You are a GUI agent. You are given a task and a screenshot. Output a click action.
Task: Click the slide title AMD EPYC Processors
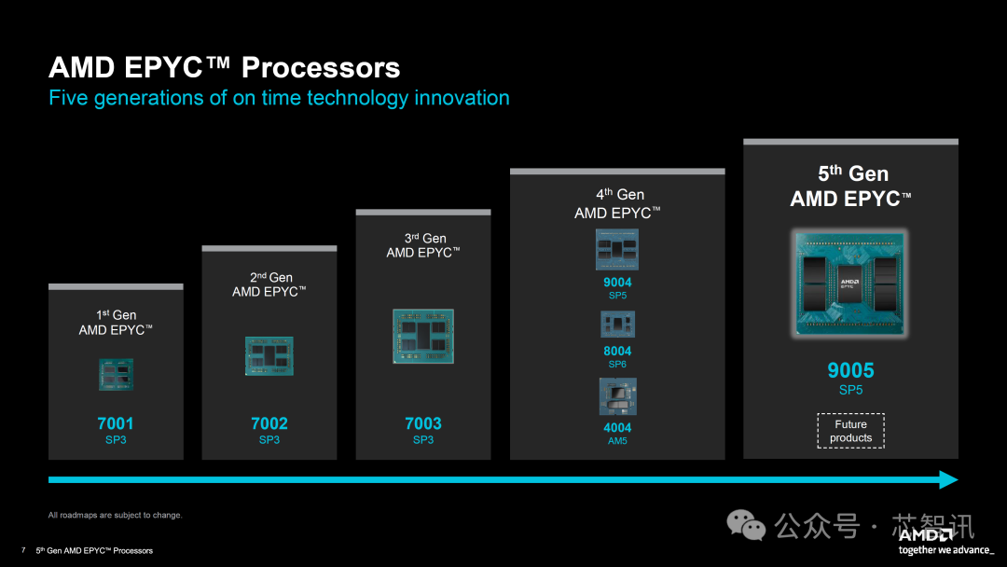[224, 68]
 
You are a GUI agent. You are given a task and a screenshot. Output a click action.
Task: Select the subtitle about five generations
[279, 98]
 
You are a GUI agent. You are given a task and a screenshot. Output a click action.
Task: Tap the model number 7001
[116, 423]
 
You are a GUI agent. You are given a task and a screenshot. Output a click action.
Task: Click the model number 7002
[269, 423]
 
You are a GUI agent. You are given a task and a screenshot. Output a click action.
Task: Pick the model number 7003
[423, 423]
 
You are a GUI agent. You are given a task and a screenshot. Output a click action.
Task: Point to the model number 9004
[617, 282]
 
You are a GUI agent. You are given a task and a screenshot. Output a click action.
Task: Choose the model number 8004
[617, 351]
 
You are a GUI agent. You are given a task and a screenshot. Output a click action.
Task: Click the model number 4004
[617, 427]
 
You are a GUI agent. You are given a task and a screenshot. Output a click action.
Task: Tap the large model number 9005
[850, 370]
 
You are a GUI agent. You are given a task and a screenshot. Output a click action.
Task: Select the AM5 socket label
[617, 441]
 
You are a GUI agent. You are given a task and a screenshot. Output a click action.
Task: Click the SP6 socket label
[617, 365]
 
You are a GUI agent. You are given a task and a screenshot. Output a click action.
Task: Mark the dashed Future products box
[850, 431]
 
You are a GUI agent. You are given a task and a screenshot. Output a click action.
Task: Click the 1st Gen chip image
[116, 374]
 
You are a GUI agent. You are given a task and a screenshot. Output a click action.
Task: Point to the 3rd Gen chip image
[423, 336]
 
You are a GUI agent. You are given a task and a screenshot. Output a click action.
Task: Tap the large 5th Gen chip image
[850, 283]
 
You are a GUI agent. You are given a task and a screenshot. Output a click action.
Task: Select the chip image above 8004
[617, 325]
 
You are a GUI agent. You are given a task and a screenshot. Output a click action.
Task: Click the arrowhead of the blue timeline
[949, 479]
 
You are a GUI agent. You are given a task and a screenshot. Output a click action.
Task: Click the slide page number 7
[22, 550]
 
